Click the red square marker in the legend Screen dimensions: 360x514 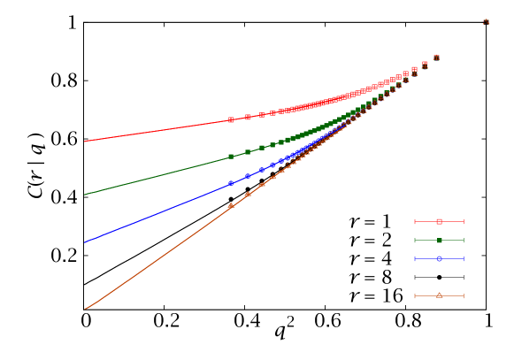[439, 221]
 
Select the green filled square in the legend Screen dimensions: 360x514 [439, 241]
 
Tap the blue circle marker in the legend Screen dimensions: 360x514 [439, 259]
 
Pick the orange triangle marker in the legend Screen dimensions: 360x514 [439, 295]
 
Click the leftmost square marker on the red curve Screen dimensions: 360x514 [231, 119]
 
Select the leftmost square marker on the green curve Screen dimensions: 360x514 [231, 157]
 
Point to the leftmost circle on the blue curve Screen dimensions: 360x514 [231, 183]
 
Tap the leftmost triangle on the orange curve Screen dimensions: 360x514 [231, 205]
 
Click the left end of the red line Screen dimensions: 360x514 [85, 142]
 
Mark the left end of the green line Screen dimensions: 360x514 [85, 195]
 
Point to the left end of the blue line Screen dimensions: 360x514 [85, 241]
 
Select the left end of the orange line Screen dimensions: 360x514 [85, 309]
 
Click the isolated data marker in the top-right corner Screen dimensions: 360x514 [486, 21]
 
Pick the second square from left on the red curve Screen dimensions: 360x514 [248, 117]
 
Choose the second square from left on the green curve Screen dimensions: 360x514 [248, 152]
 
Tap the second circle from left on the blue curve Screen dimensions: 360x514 [248, 176]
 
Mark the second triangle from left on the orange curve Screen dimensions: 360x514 [248, 195]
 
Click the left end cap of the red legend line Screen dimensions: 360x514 [415, 221]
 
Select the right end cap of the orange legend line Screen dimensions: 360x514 [464, 295]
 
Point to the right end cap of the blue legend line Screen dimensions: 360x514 [464, 259]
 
